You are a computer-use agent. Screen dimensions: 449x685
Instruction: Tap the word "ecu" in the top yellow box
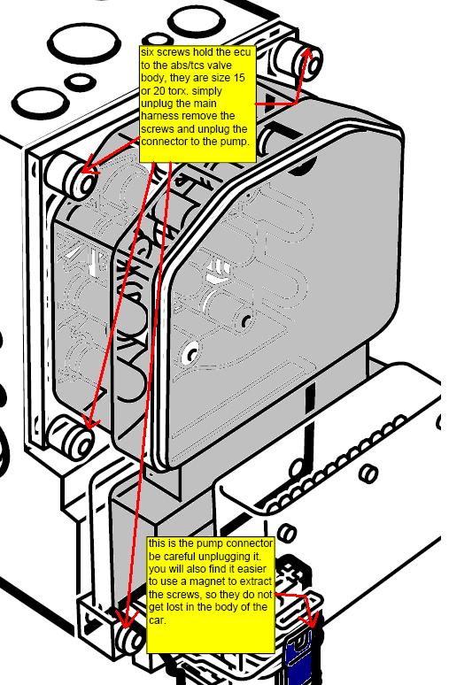point(243,52)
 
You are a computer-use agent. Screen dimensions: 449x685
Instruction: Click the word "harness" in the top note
point(157,116)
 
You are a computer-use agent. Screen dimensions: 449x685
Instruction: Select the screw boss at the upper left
point(71,175)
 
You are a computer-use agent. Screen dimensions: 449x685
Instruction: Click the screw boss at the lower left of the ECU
point(71,437)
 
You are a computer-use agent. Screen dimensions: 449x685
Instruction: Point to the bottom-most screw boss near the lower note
point(130,639)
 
